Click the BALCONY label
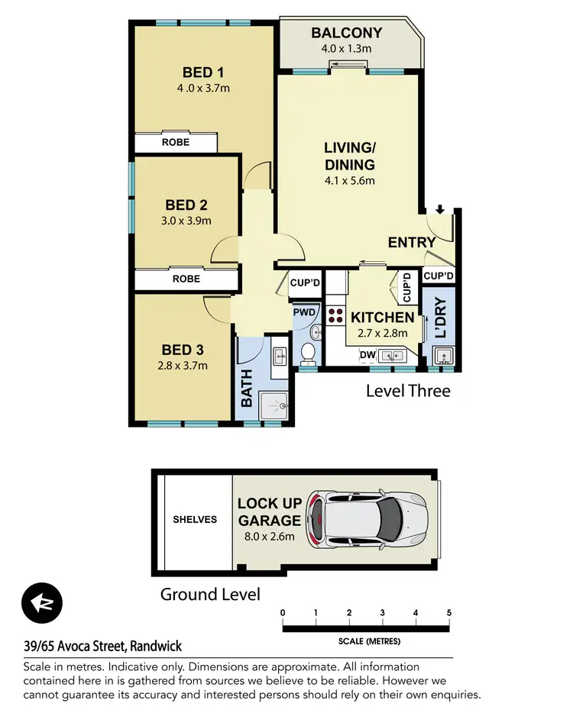tap(347, 33)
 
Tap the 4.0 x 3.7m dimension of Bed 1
tap(203, 88)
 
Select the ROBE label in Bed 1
tap(175, 143)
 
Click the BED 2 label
tap(186, 205)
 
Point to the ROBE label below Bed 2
tap(186, 279)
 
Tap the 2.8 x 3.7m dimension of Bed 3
tap(183, 365)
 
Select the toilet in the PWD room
tap(308, 352)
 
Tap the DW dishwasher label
tap(367, 355)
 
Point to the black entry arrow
tap(441, 209)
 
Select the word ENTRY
tap(412, 243)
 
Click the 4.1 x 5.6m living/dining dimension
tap(349, 181)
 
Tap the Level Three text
tap(408, 391)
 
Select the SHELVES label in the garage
tap(194, 519)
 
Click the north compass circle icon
tap(42, 604)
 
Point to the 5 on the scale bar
tap(449, 612)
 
